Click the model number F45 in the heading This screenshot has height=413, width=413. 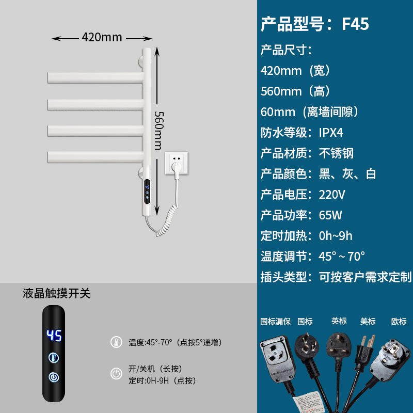[x=355, y=24]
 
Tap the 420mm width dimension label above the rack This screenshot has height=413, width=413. [x=102, y=37]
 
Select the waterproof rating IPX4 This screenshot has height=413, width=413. [x=331, y=133]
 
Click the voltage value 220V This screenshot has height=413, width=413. [x=332, y=195]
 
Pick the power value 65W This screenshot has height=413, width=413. [x=330, y=215]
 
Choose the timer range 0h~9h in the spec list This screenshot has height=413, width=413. [x=336, y=236]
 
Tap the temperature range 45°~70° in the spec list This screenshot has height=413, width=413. [x=342, y=256]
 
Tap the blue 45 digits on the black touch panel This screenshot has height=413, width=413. [x=54, y=336]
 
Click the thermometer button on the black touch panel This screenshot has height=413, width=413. [x=54, y=357]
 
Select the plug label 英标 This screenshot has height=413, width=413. [x=339, y=321]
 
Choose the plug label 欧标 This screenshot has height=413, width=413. [x=399, y=321]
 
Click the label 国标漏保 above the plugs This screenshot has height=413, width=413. [x=276, y=321]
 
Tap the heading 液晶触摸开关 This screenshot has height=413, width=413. [x=57, y=294]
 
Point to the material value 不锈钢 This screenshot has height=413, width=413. [x=336, y=153]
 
